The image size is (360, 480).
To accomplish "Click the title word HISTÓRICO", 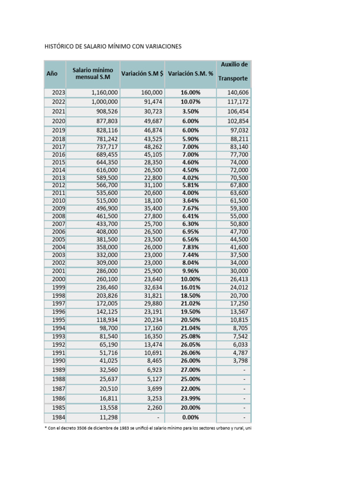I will pos(61,47).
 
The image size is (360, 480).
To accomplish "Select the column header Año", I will pos(52,74).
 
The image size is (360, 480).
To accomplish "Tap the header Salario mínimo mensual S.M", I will pos(92,74).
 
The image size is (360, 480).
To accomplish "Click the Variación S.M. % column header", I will pos(190,74).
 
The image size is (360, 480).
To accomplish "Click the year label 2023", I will pos(59,93).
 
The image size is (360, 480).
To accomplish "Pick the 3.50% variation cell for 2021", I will pos(190,112).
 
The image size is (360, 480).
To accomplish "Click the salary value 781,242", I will pos(105,139).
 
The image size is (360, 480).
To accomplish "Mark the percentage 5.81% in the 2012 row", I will pos(190,185).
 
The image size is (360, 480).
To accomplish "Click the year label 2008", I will pos(59,216).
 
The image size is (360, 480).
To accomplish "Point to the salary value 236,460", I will pos(105,286).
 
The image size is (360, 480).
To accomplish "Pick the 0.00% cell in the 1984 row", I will pos(190,417).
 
